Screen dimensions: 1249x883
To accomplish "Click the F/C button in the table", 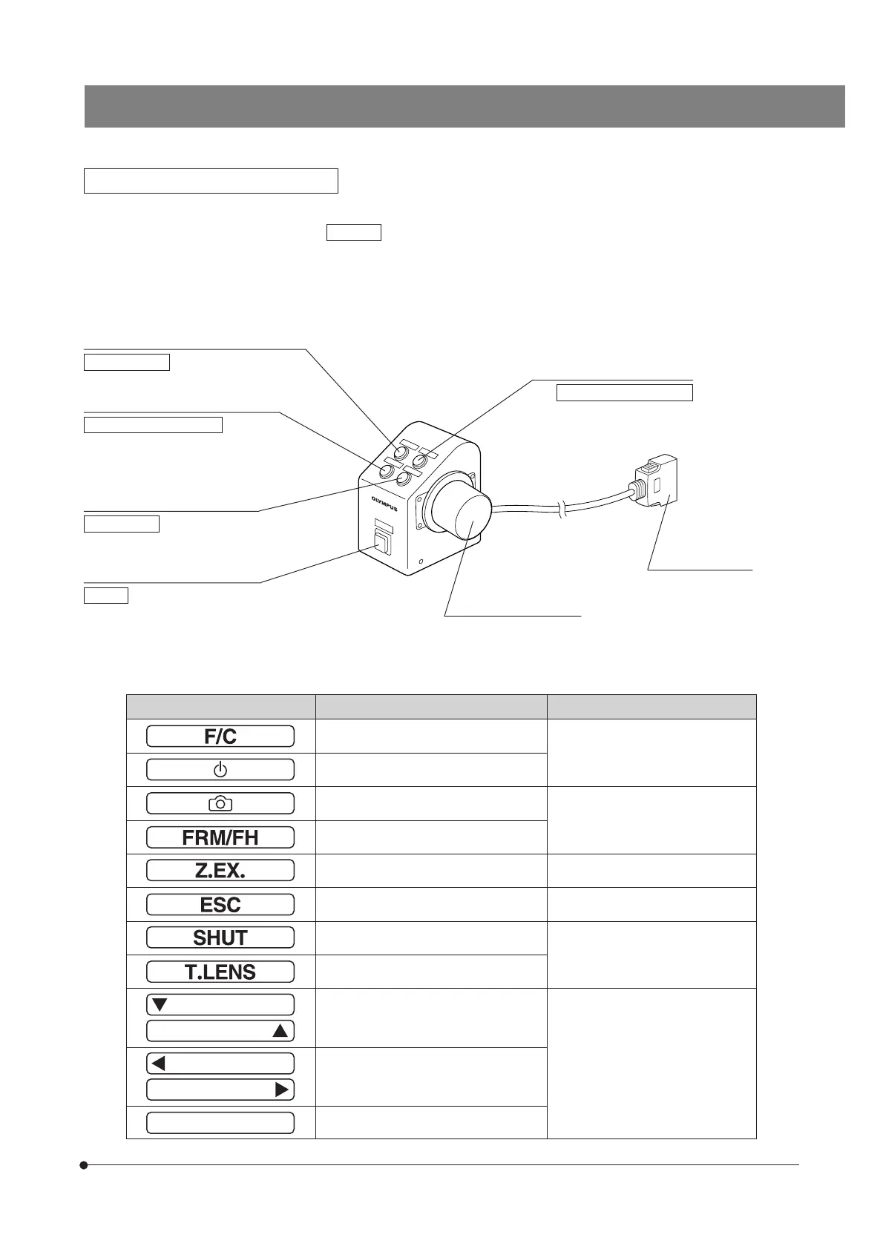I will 220,736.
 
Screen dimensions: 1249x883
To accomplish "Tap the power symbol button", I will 220,770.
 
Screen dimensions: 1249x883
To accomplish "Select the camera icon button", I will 220,803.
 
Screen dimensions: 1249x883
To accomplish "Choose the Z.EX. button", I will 220,871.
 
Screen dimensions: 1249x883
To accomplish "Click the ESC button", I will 220,905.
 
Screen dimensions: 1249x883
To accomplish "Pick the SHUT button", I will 220,938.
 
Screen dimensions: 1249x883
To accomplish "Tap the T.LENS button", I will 220,972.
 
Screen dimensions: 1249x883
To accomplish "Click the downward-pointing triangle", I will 160,1005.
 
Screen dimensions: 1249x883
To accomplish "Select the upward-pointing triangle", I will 280,1031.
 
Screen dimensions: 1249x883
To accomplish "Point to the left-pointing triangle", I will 158,1064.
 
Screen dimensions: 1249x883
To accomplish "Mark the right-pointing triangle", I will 281,1090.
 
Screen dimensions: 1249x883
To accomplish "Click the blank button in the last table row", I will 220,1123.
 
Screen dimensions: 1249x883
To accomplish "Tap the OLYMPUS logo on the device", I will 384,504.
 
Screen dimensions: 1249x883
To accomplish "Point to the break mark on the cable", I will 565,509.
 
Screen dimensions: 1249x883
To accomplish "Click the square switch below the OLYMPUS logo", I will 382,544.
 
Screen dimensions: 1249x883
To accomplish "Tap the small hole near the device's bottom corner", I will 421,561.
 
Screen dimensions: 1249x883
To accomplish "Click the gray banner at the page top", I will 465,106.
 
